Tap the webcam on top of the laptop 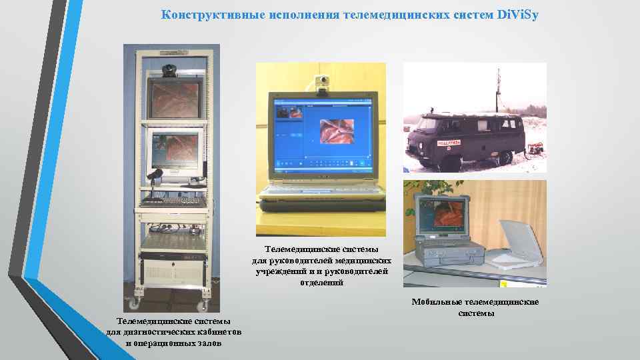(x=323, y=83)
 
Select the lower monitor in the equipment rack (x=175, y=149)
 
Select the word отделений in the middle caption (x=322, y=283)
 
